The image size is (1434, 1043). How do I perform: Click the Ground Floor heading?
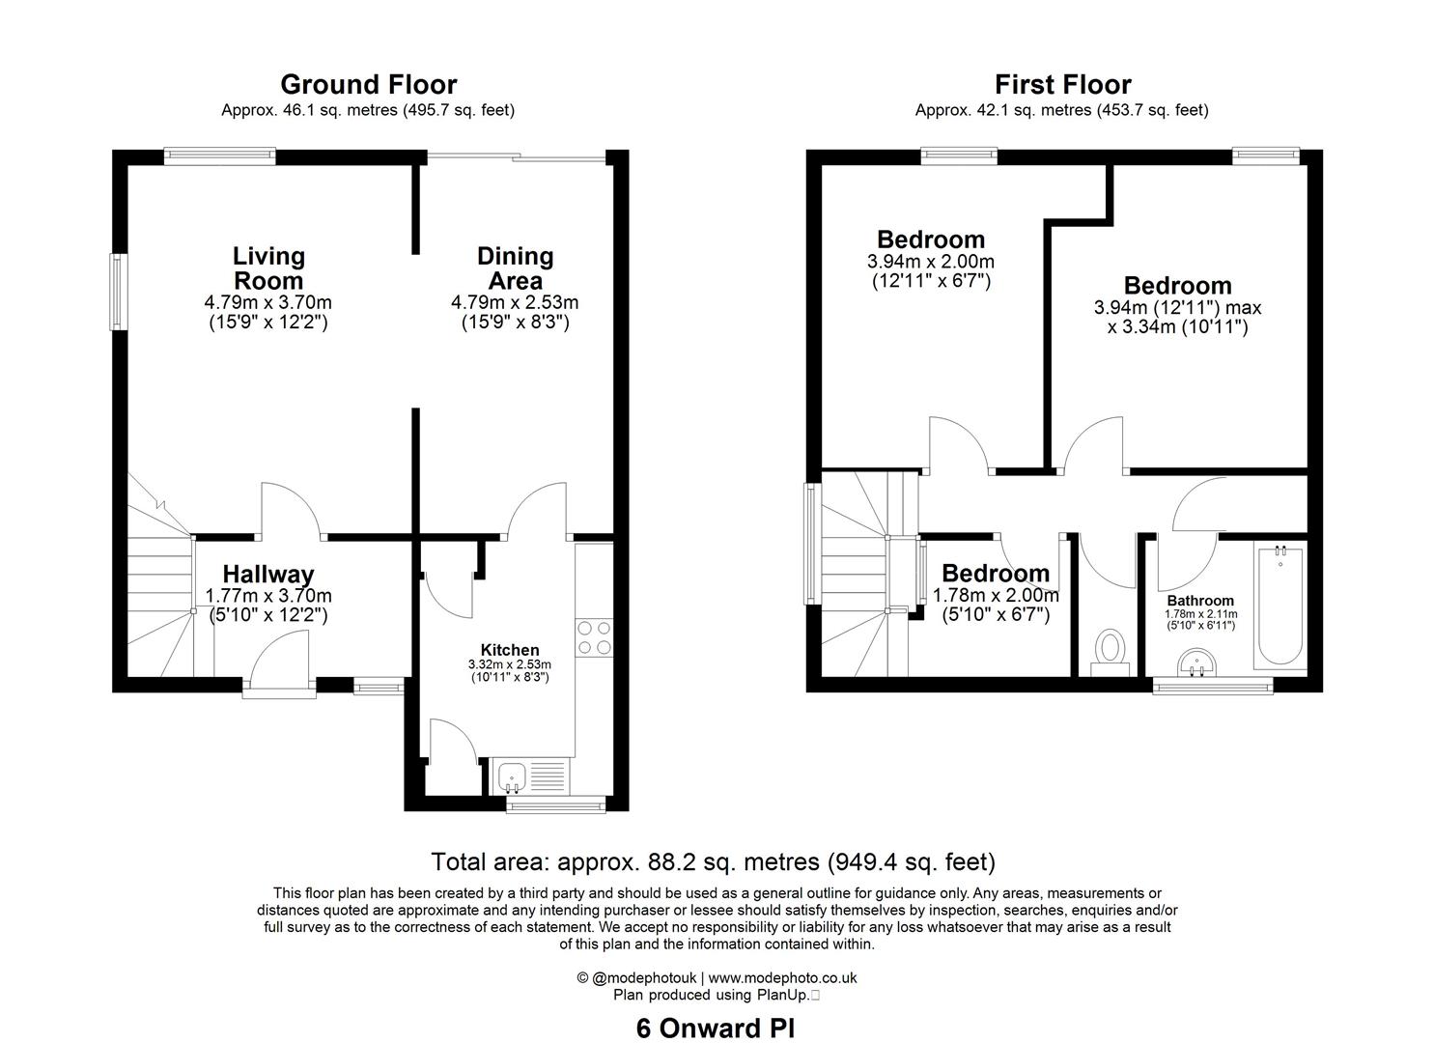point(368,85)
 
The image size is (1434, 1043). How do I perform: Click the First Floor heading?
point(1062,85)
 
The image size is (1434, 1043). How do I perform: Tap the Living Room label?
point(268,268)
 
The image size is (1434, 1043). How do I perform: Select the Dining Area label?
point(515,268)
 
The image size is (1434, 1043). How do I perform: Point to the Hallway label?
point(268,576)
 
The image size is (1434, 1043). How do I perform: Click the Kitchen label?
point(510,650)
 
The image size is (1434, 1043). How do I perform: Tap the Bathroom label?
point(1200,601)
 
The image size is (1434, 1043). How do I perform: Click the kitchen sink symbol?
point(512,775)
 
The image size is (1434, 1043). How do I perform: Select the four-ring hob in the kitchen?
point(593,638)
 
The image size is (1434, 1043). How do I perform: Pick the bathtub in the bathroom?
point(1279,606)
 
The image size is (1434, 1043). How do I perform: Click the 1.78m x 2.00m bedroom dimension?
point(996,596)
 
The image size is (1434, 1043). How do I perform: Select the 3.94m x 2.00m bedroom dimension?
point(931,262)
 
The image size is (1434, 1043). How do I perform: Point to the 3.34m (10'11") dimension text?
point(1177,327)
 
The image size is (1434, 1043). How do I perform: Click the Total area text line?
point(713,861)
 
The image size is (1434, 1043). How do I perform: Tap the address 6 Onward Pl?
point(716,1029)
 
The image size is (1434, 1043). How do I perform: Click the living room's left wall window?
point(120,291)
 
